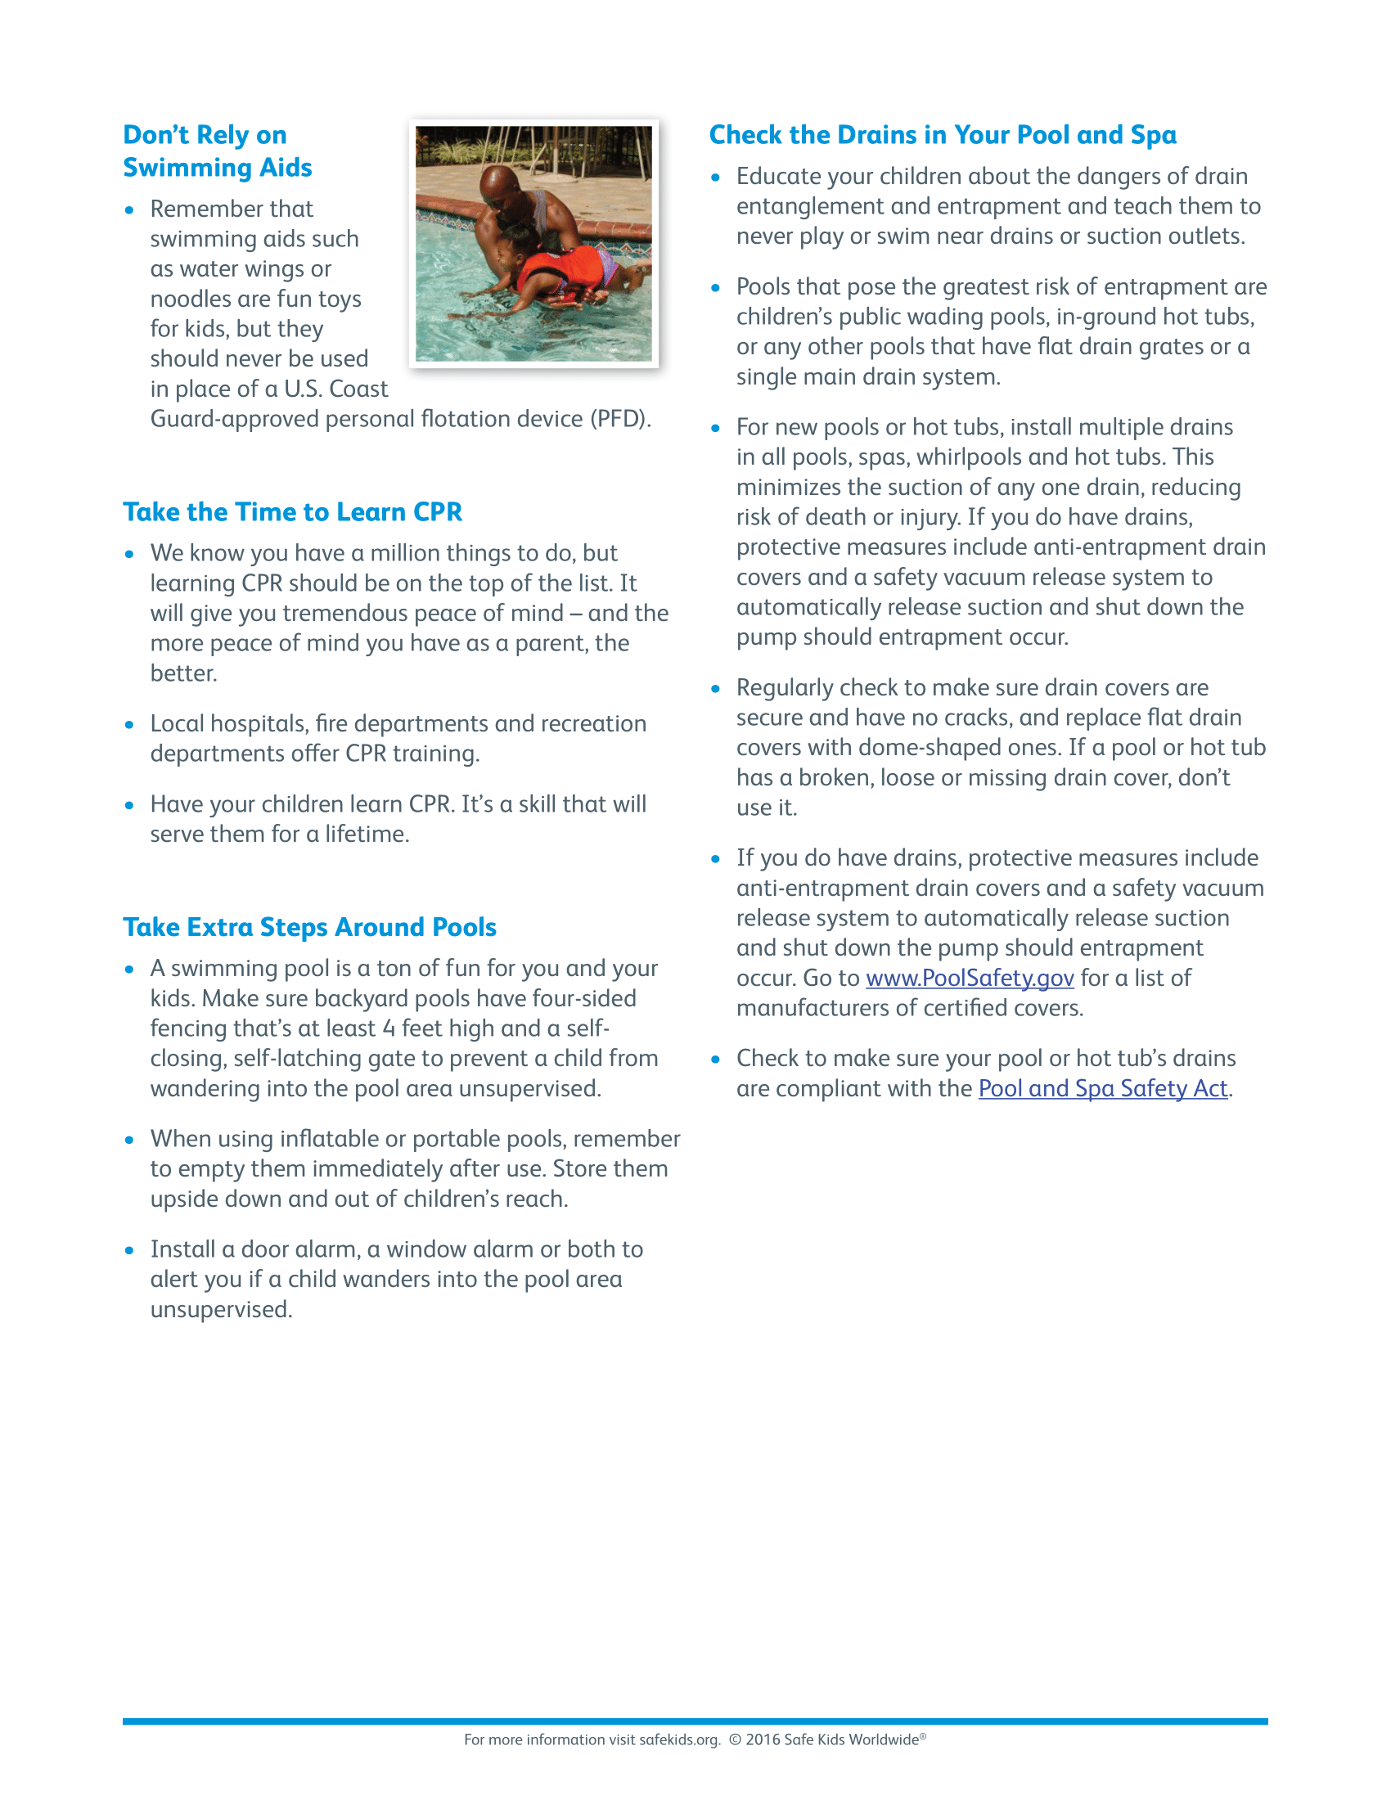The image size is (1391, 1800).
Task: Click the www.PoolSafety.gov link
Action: point(969,979)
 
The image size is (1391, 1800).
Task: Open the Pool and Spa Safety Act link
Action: point(1103,1089)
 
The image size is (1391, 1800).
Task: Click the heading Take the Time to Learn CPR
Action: point(293,512)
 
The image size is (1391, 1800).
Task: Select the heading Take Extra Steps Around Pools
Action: point(310,927)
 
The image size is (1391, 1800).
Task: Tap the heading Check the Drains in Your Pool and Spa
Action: point(943,135)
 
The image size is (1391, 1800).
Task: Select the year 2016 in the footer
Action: point(763,1739)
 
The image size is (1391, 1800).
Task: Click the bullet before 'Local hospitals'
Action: point(129,724)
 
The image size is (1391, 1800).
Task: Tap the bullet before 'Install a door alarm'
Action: point(129,1250)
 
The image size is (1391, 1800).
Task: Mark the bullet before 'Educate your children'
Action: point(715,178)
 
